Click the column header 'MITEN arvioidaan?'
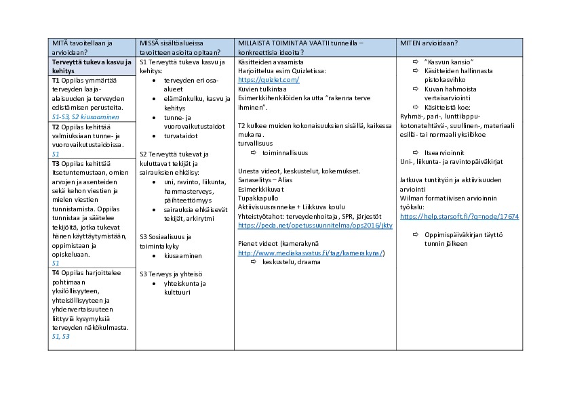[x=429, y=43]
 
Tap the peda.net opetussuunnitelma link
[x=315, y=225]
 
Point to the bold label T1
[x=56, y=80]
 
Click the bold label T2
[x=56, y=127]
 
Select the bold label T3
[x=56, y=163]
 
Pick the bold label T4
[x=56, y=272]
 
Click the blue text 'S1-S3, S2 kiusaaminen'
[x=85, y=117]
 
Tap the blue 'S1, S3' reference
[x=60, y=336]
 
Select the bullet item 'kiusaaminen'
[x=183, y=256]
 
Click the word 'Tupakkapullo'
[x=256, y=197]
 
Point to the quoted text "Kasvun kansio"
[x=449, y=62]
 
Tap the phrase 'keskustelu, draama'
[x=291, y=262]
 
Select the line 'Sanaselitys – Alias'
[x=264, y=179]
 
